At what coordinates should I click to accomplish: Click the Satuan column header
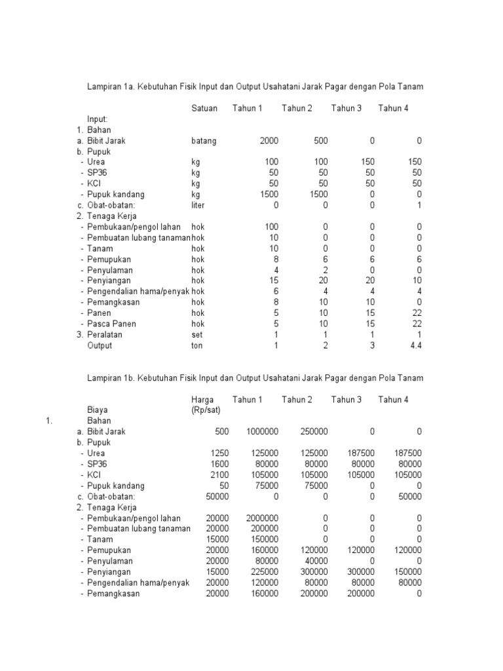(x=204, y=108)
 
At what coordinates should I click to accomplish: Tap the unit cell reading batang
(x=204, y=141)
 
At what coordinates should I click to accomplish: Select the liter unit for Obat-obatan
(x=198, y=205)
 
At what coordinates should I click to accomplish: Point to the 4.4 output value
(x=415, y=345)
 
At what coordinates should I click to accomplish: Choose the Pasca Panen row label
(x=109, y=324)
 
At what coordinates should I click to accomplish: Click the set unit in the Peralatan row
(x=197, y=334)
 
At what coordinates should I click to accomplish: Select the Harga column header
(x=203, y=400)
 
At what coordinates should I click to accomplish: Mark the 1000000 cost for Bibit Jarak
(x=262, y=432)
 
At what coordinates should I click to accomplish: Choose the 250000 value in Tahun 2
(x=314, y=432)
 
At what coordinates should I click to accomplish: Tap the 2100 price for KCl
(x=219, y=474)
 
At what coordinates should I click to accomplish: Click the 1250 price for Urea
(x=219, y=453)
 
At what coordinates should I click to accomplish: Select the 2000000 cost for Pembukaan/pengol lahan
(x=262, y=518)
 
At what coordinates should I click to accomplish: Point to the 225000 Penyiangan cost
(x=265, y=571)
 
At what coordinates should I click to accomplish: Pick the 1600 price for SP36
(x=219, y=464)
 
